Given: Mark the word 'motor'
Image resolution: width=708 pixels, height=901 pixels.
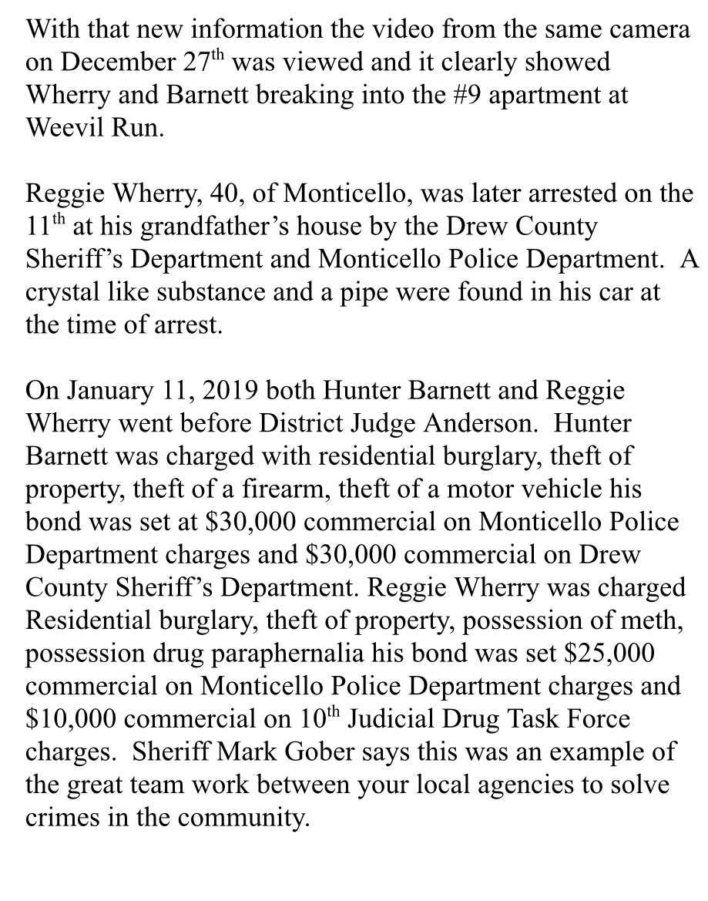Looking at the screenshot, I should (x=489, y=489).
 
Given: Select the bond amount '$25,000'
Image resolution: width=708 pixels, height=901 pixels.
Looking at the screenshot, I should (x=609, y=653).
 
